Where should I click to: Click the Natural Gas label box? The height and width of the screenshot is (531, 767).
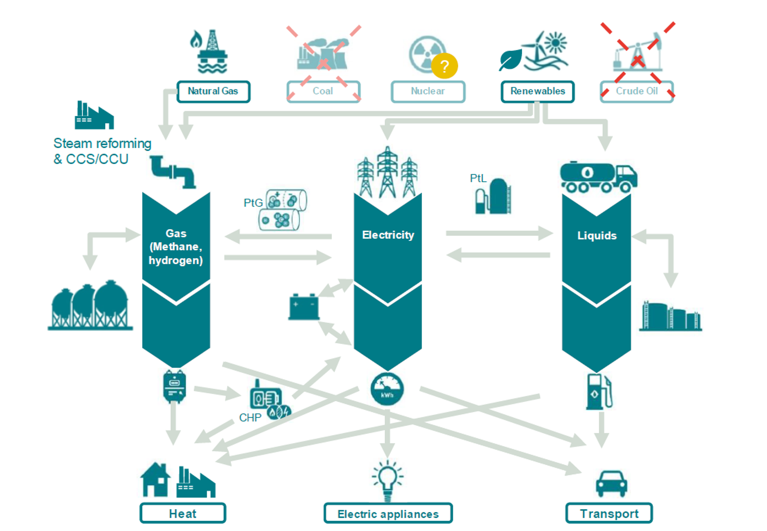click(x=213, y=91)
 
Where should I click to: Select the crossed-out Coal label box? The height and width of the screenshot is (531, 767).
click(x=323, y=91)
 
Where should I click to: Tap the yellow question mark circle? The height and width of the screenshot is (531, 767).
click(x=444, y=66)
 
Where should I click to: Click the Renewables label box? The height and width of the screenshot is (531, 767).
click(x=537, y=91)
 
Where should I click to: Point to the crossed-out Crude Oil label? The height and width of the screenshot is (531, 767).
click(x=636, y=91)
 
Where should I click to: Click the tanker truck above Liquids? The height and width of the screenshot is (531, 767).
click(x=598, y=177)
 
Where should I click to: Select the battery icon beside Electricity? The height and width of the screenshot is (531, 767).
click(x=304, y=307)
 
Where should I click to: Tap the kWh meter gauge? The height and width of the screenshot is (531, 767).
click(x=387, y=389)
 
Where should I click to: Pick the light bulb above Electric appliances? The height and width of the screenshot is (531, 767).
click(x=387, y=479)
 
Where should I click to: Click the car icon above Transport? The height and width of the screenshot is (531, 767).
click(x=611, y=483)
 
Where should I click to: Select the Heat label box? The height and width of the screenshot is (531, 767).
click(x=183, y=513)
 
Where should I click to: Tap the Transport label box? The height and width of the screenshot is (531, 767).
click(x=609, y=513)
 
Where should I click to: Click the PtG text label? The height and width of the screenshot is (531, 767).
click(x=253, y=203)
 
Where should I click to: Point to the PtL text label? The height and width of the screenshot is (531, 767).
click(x=478, y=178)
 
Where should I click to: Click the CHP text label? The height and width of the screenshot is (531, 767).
click(x=250, y=418)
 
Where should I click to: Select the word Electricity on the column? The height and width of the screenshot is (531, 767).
click(x=388, y=235)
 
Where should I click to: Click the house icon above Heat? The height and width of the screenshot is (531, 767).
click(x=155, y=480)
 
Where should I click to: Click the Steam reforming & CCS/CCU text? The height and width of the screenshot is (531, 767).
click(x=102, y=151)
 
